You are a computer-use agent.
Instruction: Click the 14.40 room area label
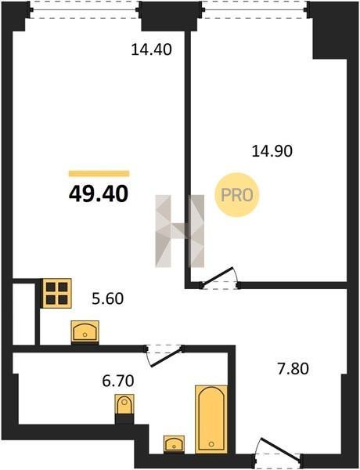point(151,49)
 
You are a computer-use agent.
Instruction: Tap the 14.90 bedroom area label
point(272,151)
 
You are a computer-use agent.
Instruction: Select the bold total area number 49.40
point(99,193)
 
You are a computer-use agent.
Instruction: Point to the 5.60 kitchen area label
point(107,298)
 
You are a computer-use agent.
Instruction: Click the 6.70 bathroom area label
point(117,381)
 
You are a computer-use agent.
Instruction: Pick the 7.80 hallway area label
point(293,369)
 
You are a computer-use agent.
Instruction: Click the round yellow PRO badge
point(236,195)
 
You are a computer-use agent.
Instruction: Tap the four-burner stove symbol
point(57,293)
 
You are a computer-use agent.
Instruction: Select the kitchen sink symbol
point(85,331)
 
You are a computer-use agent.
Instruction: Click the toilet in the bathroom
point(124,404)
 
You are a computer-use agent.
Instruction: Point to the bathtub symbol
point(211,419)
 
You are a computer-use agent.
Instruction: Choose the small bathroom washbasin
point(174,444)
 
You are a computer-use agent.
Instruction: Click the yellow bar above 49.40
point(99,174)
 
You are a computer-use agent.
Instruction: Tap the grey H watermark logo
point(180,231)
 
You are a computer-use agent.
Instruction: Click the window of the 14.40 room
point(85,9)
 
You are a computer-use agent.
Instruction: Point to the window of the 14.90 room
point(255,9)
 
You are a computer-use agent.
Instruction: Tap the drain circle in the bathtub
point(211,444)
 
